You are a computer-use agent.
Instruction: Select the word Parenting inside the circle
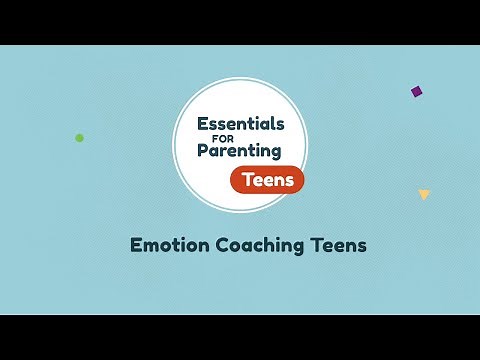[x=239, y=153]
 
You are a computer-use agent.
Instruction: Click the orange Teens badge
[x=266, y=180]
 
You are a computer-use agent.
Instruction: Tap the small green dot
[x=80, y=138]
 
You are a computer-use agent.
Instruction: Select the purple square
[x=416, y=91]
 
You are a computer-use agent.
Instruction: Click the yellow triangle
[x=424, y=194]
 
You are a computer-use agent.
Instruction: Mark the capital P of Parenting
[x=202, y=152]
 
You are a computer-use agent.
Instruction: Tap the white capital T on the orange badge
[x=246, y=180]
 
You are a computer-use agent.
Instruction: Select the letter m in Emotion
[x=152, y=244]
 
